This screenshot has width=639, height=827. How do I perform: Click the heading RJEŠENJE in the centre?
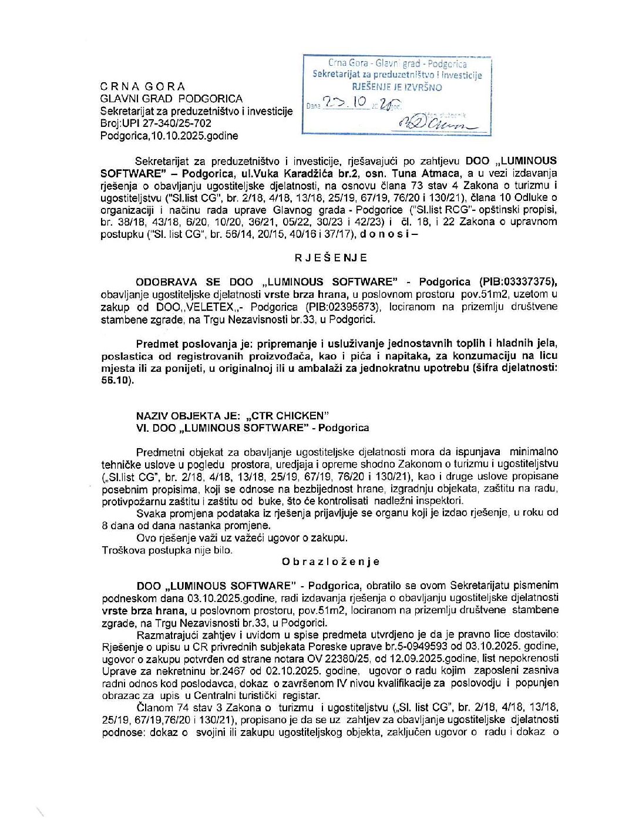coord(331,258)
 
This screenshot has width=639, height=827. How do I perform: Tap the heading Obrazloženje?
coord(331,562)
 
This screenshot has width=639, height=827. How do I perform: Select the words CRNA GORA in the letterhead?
coord(143,86)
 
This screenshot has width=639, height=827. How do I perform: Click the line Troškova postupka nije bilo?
coord(167,550)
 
